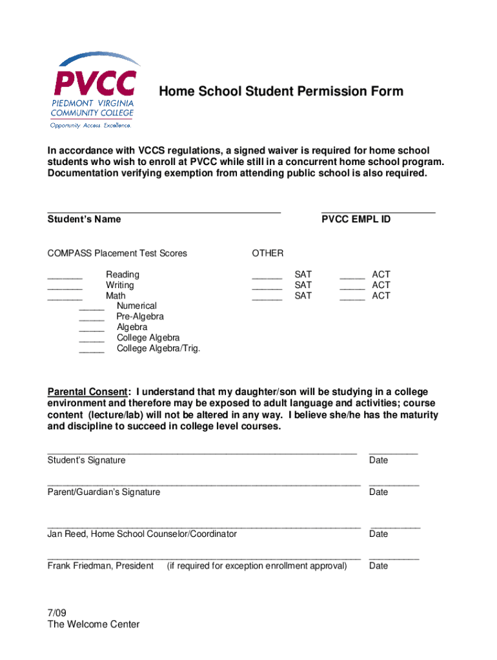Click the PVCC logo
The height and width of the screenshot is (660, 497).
coord(95,90)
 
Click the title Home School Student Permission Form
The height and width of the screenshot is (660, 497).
coord(281,92)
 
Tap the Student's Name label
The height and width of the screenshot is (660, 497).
coord(84,219)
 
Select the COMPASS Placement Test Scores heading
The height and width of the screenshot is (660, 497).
coord(117,253)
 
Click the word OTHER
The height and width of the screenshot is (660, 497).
coord(267,253)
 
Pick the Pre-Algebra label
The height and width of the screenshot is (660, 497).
coord(140,316)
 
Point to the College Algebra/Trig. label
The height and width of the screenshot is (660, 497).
coord(158,348)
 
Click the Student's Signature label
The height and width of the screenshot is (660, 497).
coord(86,460)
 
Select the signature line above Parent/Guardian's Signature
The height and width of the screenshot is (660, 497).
coord(203,483)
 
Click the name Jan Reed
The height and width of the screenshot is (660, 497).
coord(66,534)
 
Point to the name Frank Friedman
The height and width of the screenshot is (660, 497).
coord(79,566)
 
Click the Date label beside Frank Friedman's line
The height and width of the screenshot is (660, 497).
coord(378,566)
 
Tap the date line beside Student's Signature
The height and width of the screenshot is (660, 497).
coord(393,452)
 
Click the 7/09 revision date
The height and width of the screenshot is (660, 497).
coord(57,614)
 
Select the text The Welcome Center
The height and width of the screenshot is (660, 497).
coord(93,625)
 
